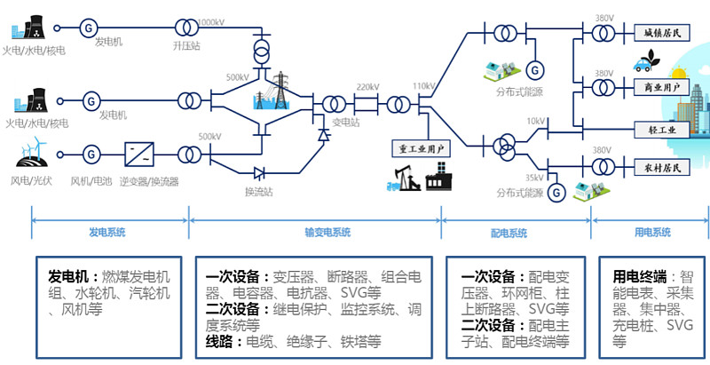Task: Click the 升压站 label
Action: [x=185, y=42]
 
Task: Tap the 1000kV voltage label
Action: [x=209, y=21]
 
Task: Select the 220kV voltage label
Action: [x=367, y=87]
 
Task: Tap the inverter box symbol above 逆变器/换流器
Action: [x=138, y=154]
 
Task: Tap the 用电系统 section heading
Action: [x=651, y=233]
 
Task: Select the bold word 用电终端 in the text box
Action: [x=636, y=276]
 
